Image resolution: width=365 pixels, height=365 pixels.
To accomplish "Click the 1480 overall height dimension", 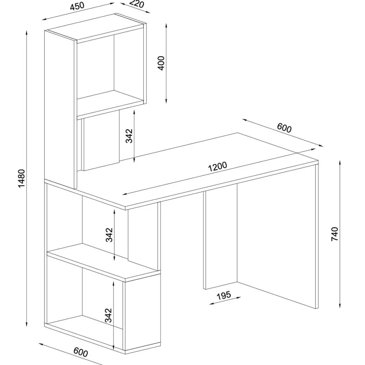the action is click(x=22, y=178).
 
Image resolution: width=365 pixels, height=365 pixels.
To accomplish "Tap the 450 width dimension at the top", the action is click(x=77, y=6).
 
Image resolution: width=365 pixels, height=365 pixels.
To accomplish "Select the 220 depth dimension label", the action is click(x=137, y=4).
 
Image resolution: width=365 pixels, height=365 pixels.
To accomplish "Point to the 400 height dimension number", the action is click(x=161, y=63).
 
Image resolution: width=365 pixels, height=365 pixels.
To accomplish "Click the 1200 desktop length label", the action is click(x=218, y=166).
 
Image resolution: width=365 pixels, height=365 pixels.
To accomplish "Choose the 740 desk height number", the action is click(x=334, y=234).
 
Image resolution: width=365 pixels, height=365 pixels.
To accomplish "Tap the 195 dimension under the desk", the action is click(x=224, y=295).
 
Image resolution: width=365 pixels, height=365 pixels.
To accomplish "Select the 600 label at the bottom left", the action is click(x=81, y=352).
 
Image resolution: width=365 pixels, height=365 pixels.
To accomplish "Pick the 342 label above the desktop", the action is click(x=129, y=136).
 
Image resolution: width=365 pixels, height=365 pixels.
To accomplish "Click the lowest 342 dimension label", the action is click(x=108, y=315).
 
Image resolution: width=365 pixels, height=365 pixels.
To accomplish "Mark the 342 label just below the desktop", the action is click(x=109, y=235).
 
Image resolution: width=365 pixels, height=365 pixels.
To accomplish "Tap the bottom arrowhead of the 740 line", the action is click(x=340, y=306).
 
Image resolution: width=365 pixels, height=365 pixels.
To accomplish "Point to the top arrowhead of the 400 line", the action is click(x=166, y=25).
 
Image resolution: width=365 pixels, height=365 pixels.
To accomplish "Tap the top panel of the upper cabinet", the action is click(x=95, y=26).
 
